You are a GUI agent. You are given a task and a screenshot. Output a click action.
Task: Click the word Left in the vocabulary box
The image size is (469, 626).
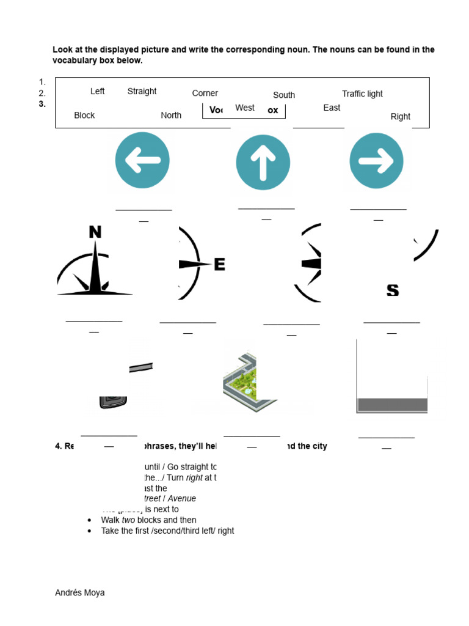[97, 91]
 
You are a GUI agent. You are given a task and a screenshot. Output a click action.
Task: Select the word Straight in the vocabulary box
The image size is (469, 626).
[142, 91]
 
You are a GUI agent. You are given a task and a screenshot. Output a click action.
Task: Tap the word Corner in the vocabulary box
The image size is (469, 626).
[205, 93]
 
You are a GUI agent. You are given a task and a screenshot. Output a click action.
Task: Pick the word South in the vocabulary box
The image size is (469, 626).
[283, 95]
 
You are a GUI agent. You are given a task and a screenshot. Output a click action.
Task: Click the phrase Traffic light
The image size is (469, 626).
[362, 94]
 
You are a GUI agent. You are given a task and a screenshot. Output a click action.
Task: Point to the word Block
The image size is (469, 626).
[84, 115]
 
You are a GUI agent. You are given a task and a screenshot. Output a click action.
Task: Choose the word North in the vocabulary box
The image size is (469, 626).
[171, 115]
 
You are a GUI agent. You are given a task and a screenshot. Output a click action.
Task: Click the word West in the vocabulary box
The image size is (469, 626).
[244, 108]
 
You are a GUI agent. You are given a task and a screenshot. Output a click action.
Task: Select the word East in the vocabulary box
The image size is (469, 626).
[332, 108]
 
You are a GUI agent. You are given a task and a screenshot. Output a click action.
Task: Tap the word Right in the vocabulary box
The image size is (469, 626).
[400, 116]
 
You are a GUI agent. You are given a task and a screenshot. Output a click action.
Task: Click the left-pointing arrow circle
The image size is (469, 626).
[142, 161]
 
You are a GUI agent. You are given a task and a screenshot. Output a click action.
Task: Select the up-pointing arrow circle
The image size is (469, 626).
[263, 162]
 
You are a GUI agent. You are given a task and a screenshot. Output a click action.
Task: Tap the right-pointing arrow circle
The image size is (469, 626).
[376, 161]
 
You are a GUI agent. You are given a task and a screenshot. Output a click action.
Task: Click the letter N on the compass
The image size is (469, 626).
[95, 232]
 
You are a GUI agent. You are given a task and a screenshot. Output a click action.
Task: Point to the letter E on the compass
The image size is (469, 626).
[219, 264]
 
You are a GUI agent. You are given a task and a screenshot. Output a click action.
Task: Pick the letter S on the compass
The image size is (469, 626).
[393, 290]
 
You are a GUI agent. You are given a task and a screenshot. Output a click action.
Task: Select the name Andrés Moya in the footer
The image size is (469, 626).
[79, 592]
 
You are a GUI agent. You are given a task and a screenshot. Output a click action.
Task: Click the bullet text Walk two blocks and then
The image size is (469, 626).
[148, 520]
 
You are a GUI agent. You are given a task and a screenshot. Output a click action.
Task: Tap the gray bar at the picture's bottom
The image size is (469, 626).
[392, 405]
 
